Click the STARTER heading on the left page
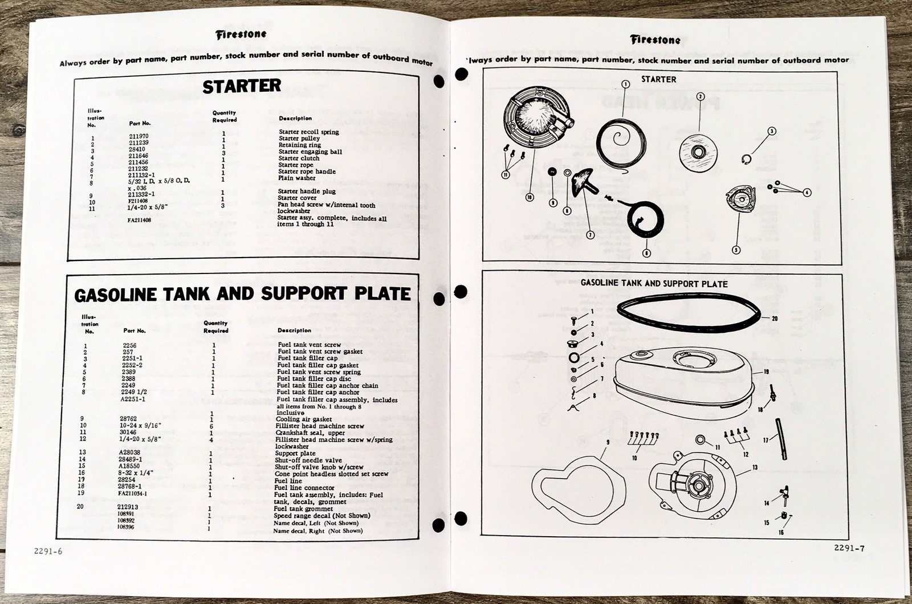click(242, 86)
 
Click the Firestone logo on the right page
click(655, 40)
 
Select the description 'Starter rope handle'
click(307, 172)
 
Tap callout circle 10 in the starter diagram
click(530, 197)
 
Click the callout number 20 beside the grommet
click(774, 319)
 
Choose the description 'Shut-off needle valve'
click(309, 460)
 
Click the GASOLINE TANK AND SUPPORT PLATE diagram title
click(654, 284)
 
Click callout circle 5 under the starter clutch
click(736, 250)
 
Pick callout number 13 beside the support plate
click(754, 467)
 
